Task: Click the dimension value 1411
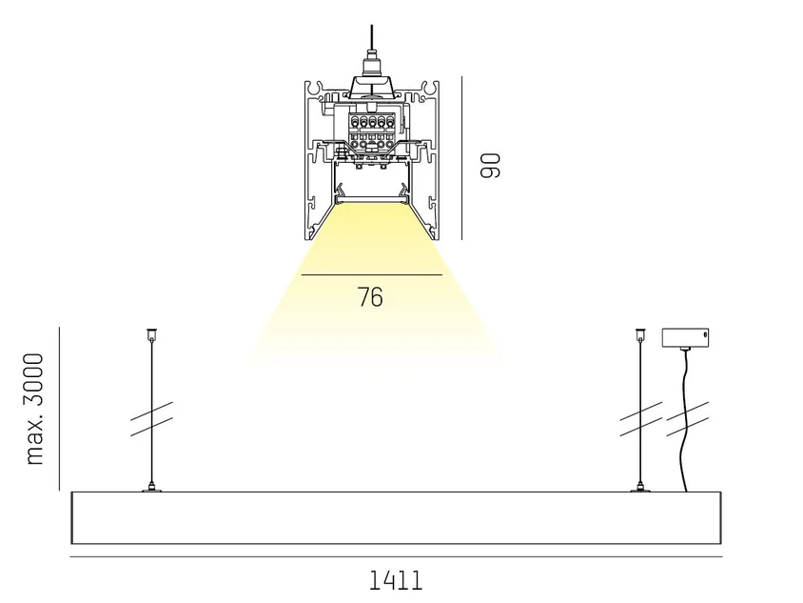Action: [396, 580]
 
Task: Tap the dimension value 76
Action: [370, 297]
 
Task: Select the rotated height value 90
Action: [490, 165]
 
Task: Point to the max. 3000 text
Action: [35, 409]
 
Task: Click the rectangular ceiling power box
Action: [685, 337]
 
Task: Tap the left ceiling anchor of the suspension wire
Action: [151, 335]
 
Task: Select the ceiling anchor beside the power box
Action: [640, 335]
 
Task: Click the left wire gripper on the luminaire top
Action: [151, 488]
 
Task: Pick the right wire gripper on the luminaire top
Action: [640, 488]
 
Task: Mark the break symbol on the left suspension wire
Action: [151, 419]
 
